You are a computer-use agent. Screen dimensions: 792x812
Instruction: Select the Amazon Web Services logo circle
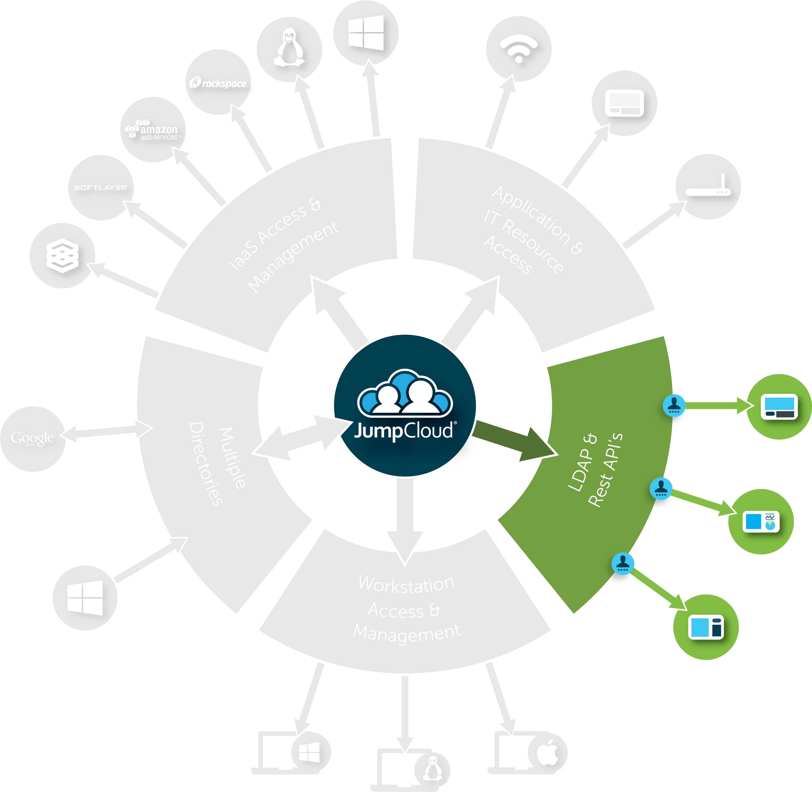153,130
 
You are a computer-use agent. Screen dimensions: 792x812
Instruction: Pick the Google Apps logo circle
33,439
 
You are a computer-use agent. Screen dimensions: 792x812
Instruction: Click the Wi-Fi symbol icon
519,49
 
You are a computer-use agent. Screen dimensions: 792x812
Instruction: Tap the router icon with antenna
708,186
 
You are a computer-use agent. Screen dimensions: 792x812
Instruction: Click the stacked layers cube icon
62,255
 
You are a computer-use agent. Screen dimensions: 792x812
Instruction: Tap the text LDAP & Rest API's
595,470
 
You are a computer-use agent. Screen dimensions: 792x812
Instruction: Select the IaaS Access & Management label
284,245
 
